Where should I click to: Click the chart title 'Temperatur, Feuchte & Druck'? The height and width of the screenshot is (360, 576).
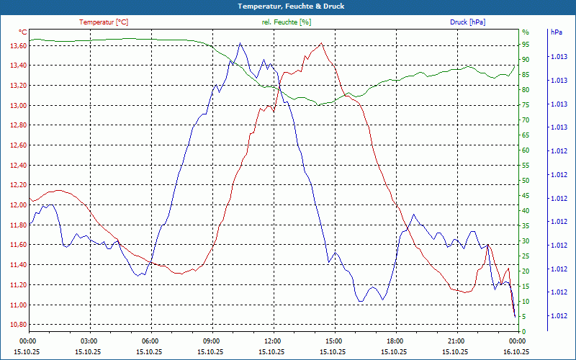point(288,6)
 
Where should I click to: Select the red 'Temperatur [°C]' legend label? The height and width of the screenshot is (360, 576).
point(105,22)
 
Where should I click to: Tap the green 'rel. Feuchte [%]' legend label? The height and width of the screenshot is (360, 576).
point(287,22)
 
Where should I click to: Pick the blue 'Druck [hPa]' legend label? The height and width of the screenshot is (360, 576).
point(467,22)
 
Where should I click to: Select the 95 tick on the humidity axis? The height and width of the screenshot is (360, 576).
point(526,45)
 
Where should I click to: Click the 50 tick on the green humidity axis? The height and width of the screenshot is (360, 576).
point(526,181)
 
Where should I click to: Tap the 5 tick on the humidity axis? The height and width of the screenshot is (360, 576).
point(524,317)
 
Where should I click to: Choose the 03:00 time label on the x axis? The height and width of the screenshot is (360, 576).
point(89,341)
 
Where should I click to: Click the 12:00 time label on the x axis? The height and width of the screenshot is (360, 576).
point(273,341)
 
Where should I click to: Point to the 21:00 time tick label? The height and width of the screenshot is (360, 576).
point(456,341)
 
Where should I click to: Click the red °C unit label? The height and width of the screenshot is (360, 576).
point(22,32)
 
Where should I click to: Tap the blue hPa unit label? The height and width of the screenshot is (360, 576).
point(557,32)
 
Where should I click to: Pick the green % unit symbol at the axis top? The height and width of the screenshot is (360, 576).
point(525,32)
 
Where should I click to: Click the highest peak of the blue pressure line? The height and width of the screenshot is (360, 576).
point(240,43)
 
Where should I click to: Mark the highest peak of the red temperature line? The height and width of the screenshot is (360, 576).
point(321,43)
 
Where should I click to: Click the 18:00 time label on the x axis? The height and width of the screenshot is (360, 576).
point(395,341)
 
